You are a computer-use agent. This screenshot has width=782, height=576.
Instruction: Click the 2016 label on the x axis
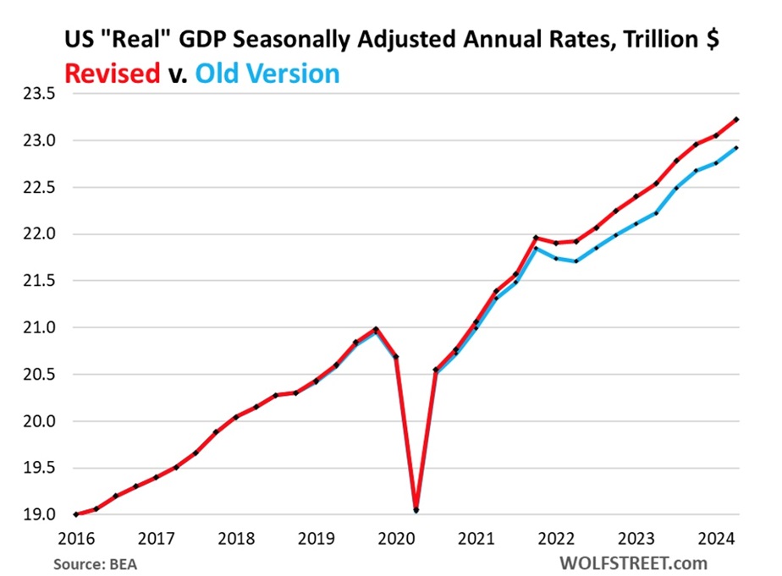(76, 537)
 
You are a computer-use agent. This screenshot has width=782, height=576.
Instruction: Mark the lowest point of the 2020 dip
(416, 510)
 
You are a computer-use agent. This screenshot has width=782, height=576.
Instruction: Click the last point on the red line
(736, 119)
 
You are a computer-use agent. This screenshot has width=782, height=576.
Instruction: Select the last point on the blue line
(736, 148)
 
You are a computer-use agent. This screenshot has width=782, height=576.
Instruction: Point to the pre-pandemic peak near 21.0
(376, 329)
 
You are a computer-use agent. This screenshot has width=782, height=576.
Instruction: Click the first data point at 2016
(76, 514)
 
